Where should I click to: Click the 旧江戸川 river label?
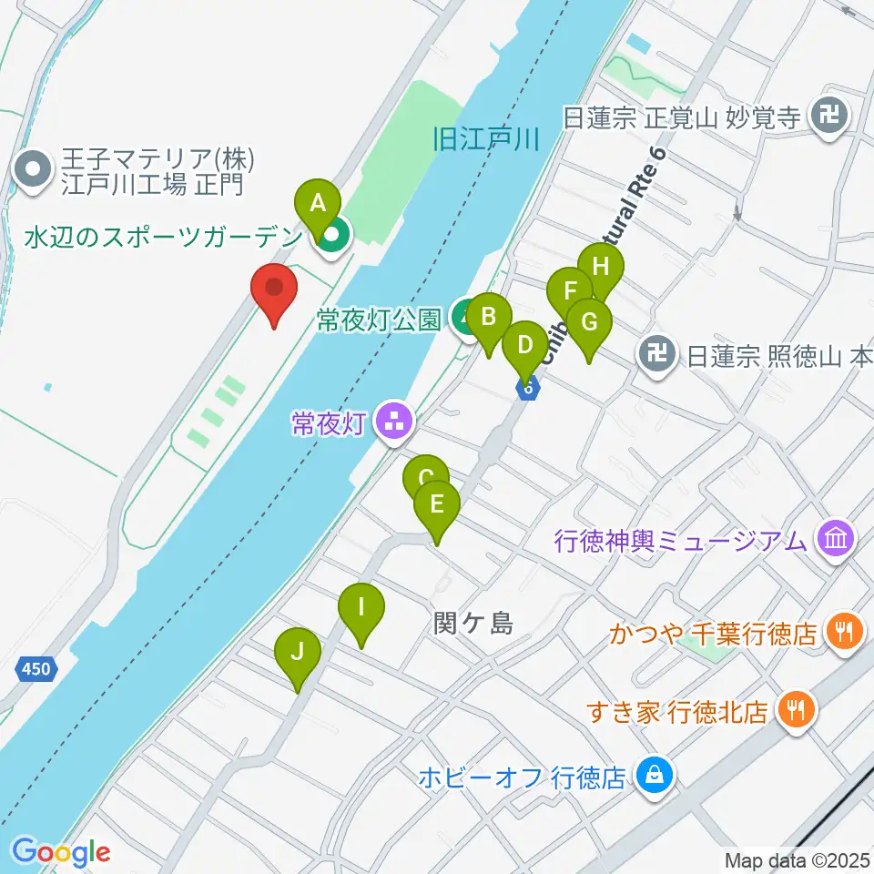(486, 139)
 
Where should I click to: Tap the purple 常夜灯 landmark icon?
(394, 422)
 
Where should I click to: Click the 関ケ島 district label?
(473, 624)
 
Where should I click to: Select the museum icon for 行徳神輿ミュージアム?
(835, 540)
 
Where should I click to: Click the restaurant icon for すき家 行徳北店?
(796, 710)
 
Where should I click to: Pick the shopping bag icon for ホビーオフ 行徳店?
(652, 777)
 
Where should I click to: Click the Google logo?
(61, 851)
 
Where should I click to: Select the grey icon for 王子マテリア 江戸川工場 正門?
(33, 169)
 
